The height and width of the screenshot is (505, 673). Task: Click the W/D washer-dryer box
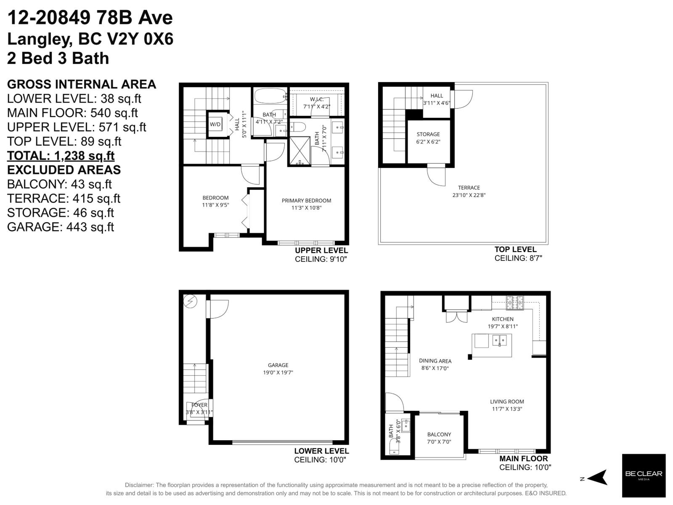215,124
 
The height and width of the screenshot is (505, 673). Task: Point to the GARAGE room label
278,365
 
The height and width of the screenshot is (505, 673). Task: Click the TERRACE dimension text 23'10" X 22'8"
469,195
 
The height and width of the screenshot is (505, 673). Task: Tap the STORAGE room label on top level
428,134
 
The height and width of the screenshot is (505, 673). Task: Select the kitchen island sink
499,339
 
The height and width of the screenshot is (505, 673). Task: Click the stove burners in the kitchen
514,300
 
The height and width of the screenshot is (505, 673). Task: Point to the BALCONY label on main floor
439,434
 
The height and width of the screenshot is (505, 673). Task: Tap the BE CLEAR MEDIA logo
644,475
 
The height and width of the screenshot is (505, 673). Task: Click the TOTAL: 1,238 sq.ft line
61,156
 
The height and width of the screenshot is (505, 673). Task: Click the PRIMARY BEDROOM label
306,200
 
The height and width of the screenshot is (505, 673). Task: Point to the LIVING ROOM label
507,401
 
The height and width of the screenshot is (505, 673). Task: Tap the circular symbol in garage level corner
191,301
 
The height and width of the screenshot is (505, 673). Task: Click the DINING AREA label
435,361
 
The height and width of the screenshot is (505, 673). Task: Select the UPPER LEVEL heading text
321,251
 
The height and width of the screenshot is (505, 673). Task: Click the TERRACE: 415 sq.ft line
64,198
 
